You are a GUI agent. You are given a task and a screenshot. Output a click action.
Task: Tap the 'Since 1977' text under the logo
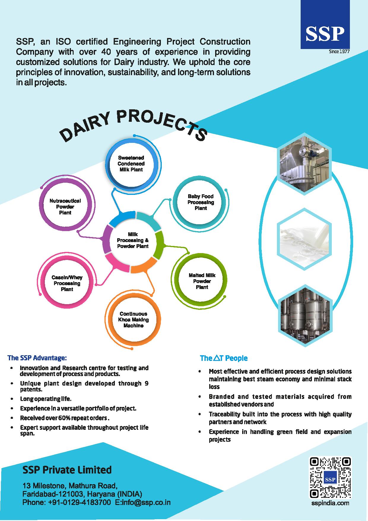339,52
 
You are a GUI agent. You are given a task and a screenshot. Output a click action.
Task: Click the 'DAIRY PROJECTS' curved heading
133,124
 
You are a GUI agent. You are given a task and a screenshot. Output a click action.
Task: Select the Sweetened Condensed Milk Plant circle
131,164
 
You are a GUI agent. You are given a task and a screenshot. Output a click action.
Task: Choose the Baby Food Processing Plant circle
201,202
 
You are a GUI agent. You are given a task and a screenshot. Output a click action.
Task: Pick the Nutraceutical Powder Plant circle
65,207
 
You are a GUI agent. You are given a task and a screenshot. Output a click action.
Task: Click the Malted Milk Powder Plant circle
202,281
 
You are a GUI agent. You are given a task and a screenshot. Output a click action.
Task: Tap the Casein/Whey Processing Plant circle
67,283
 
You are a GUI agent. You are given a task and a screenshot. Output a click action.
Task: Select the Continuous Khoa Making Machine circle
133,320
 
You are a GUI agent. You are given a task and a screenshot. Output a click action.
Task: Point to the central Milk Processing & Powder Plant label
133,240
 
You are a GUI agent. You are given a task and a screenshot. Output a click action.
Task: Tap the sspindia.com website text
330,503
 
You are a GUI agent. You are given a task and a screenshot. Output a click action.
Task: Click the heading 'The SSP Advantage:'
37,358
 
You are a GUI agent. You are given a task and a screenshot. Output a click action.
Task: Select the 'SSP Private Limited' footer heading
67,470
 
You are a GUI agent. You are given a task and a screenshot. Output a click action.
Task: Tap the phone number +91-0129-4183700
79,502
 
